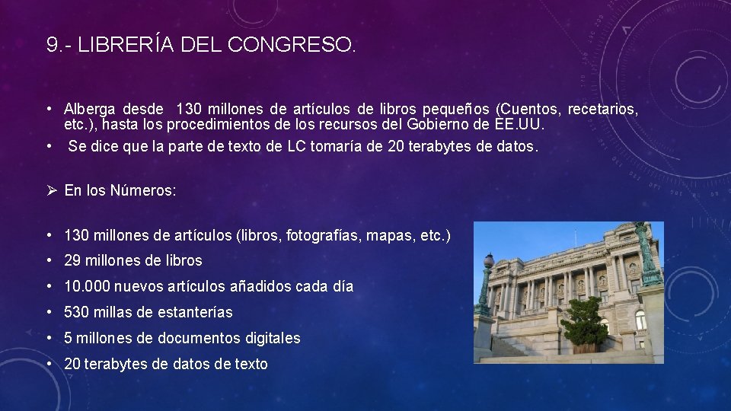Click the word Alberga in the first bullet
(x=89, y=110)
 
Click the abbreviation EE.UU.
(x=519, y=125)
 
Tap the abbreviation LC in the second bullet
(x=295, y=147)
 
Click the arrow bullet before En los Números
(x=51, y=191)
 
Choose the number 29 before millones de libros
(x=73, y=261)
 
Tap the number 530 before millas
(x=77, y=313)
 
